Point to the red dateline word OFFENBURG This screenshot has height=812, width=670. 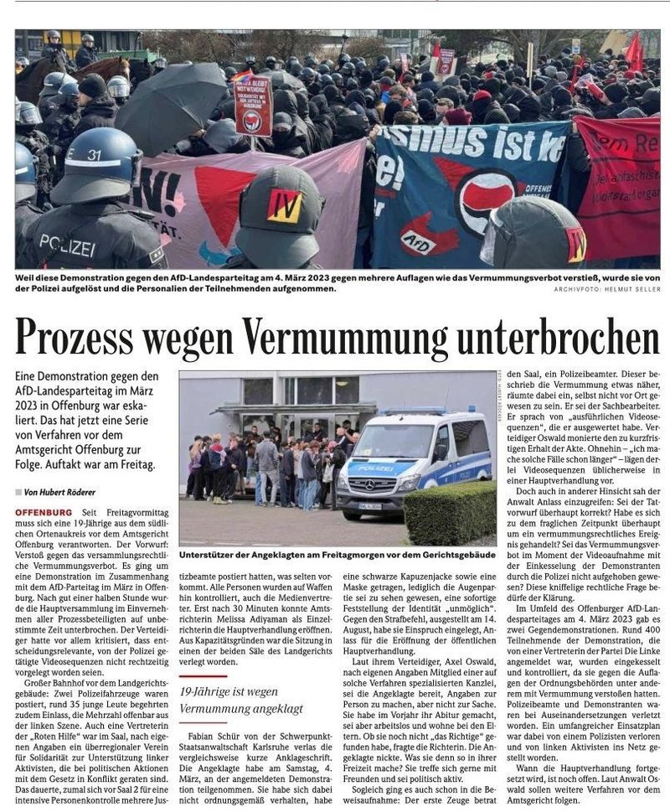tap(42, 511)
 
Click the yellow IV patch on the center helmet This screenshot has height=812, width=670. tap(285, 205)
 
